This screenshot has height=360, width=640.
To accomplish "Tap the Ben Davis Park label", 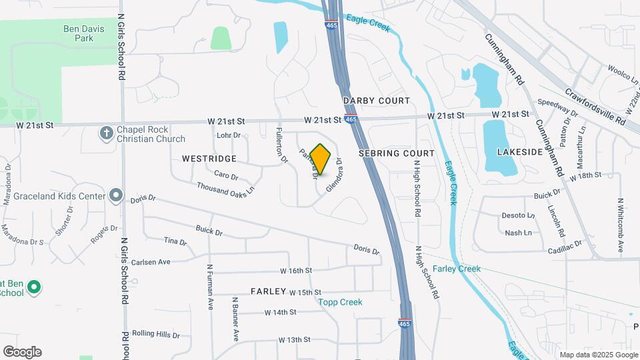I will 88,33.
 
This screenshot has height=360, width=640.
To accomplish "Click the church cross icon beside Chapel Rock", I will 105,133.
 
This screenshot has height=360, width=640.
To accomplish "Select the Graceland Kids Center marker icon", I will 117,196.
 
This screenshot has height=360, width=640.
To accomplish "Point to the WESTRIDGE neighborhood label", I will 209,159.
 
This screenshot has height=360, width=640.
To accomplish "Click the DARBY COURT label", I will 377,101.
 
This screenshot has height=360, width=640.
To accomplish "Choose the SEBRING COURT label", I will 397,153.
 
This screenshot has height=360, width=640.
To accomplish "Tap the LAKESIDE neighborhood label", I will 520,152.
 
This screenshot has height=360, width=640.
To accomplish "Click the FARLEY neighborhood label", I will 269,292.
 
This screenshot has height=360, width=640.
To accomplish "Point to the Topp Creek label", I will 340,302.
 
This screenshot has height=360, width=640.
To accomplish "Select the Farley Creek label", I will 457,269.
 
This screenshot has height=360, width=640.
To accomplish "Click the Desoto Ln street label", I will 518,216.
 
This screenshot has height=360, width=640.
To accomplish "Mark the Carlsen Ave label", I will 151,262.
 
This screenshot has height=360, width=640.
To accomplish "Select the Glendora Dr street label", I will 334,175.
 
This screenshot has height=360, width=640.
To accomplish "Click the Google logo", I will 22,352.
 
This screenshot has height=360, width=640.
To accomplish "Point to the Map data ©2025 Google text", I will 598,355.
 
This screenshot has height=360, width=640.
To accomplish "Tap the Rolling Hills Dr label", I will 156,333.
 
